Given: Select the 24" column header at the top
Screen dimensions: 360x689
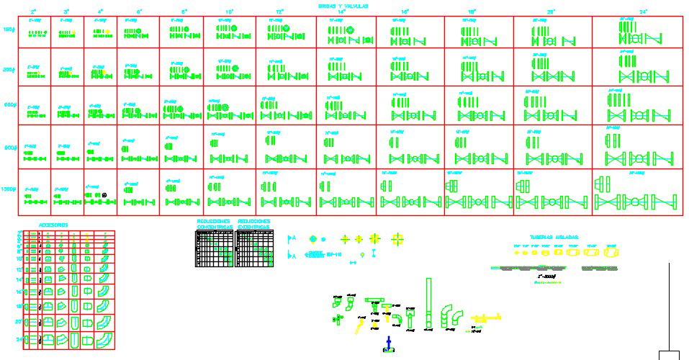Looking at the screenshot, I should [644, 12].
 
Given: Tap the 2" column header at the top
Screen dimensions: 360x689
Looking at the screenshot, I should [33, 12].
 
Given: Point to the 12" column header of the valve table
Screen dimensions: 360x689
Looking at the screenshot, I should [280, 12].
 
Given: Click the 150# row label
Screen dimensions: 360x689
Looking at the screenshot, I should [9, 31].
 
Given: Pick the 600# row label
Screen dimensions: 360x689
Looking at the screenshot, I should [9, 105].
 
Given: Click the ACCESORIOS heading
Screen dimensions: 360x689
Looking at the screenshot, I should [53, 225].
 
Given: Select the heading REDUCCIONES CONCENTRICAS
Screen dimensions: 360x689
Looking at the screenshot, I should [214, 224].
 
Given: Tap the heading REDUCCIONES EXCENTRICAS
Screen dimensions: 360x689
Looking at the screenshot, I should [255, 224].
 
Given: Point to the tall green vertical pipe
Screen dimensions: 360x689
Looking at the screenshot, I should [430, 302].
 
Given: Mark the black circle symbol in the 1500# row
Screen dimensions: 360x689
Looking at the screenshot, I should [105, 194].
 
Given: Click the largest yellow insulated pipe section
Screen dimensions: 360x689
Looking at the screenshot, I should [611, 253].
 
